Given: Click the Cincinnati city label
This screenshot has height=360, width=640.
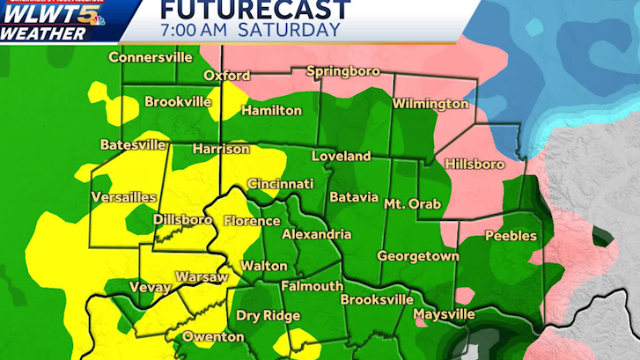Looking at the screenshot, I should pos(280,184).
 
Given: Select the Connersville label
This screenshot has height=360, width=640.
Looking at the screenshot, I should pos(151,57).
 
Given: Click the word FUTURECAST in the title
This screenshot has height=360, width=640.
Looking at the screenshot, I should pos(244,11).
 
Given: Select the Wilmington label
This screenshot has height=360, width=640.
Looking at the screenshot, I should pos(430,104).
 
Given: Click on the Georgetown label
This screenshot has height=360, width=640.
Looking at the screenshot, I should pos(418,255).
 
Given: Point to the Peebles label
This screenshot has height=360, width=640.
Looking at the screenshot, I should pos(511,236).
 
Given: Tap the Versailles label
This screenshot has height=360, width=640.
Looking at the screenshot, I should pos(124,196).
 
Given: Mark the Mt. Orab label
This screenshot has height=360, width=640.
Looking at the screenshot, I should pos(413,202).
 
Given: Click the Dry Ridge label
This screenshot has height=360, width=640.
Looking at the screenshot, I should pos(269,315).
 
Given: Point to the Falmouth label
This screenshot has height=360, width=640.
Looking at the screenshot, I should pos(312,286).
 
